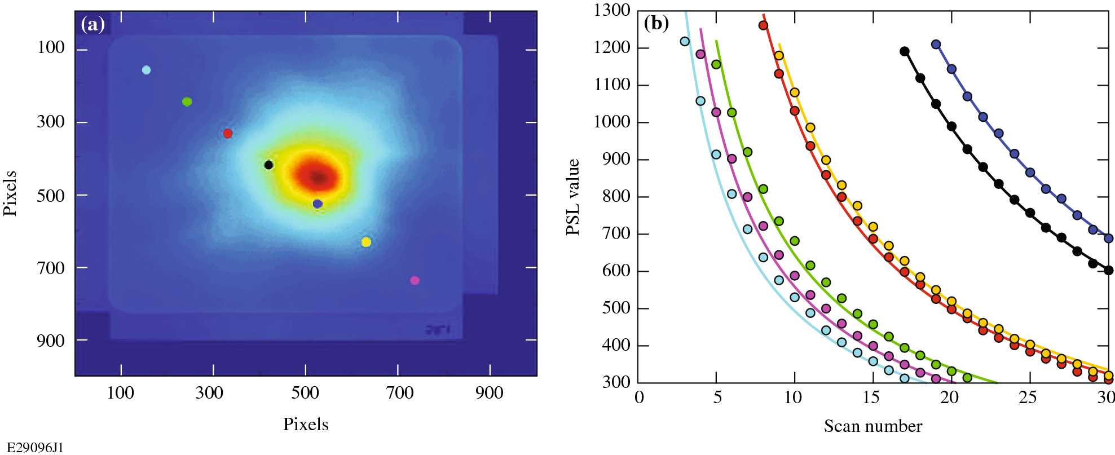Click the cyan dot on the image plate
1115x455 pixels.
pyautogui.click(x=147, y=70)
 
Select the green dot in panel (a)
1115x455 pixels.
pyautogui.click(x=187, y=102)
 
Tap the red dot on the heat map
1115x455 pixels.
pyautogui.click(x=228, y=134)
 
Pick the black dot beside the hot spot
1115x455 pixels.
pyautogui.click(x=269, y=165)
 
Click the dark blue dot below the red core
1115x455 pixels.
pyautogui.click(x=318, y=204)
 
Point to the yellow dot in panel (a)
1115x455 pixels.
pyautogui.click(x=366, y=242)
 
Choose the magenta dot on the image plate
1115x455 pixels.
pyautogui.click(x=415, y=281)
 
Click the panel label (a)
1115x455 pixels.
pyautogui.click(x=92, y=24)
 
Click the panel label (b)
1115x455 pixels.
pyautogui.click(x=656, y=23)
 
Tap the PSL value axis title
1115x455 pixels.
pyautogui.click(x=573, y=197)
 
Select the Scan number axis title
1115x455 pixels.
pyautogui.click(x=872, y=426)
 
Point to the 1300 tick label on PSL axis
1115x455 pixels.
pyautogui.click(x=612, y=10)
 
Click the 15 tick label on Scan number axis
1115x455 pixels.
pyautogui.click(x=871, y=397)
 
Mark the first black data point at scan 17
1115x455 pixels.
pyautogui.click(x=905, y=51)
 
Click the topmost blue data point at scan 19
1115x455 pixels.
pyautogui.click(x=936, y=45)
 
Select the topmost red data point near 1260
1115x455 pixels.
pyautogui.click(x=763, y=25)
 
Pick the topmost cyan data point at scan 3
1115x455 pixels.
pyautogui.click(x=685, y=41)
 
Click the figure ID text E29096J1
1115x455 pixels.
pyautogui.click(x=35, y=448)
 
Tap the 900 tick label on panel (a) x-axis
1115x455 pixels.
pyautogui.click(x=489, y=393)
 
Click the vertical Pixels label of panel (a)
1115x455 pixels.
pyautogui.click(x=10, y=193)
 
